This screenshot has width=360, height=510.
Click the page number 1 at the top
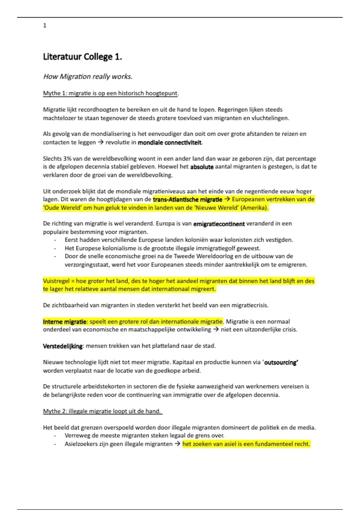tap(45, 25)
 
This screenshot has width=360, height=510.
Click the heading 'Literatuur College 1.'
tap(82, 57)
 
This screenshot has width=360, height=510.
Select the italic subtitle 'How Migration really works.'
tap(88, 76)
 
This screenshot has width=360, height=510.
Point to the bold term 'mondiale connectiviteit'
tap(169, 142)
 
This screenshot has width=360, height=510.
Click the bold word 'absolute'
tap(202, 167)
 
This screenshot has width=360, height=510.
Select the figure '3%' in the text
tap(67, 158)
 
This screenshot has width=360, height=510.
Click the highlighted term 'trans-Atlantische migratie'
tap(187, 199)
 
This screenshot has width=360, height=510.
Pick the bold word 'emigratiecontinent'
tap(219, 224)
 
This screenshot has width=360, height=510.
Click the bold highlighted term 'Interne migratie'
tap(64, 322)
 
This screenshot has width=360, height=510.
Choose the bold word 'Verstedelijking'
tap(63, 346)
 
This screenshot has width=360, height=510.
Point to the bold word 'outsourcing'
tap(281, 362)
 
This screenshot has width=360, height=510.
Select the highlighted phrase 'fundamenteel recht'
tap(283, 444)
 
